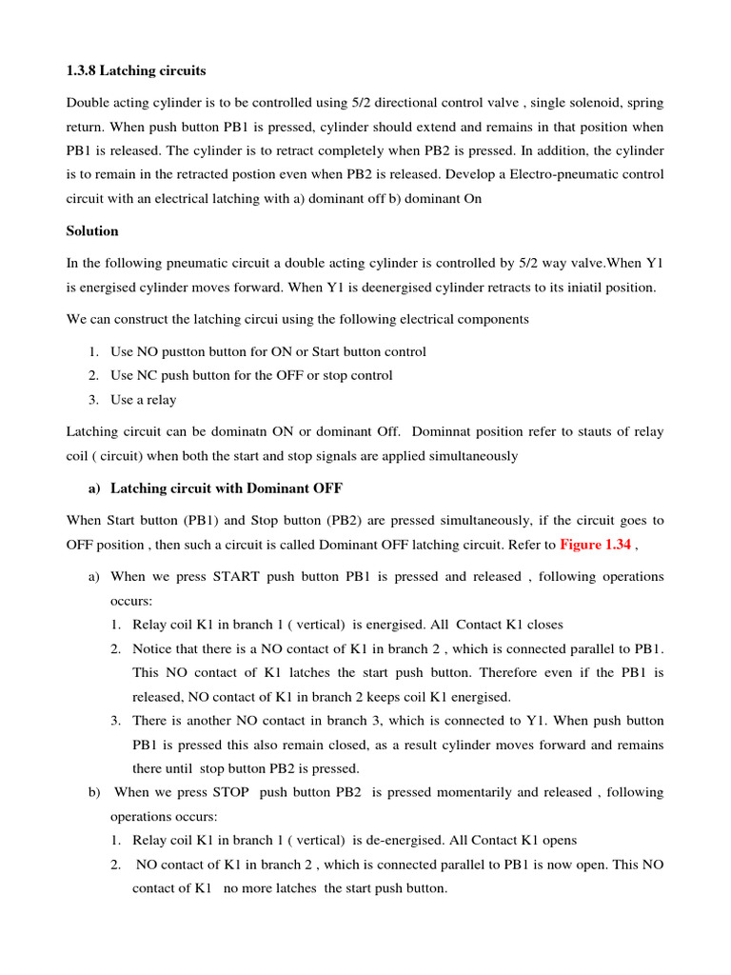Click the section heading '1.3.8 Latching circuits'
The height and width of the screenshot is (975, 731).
tap(136, 71)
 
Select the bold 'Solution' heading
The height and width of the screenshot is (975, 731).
tap(92, 231)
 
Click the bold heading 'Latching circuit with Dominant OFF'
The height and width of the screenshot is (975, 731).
tap(227, 488)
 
